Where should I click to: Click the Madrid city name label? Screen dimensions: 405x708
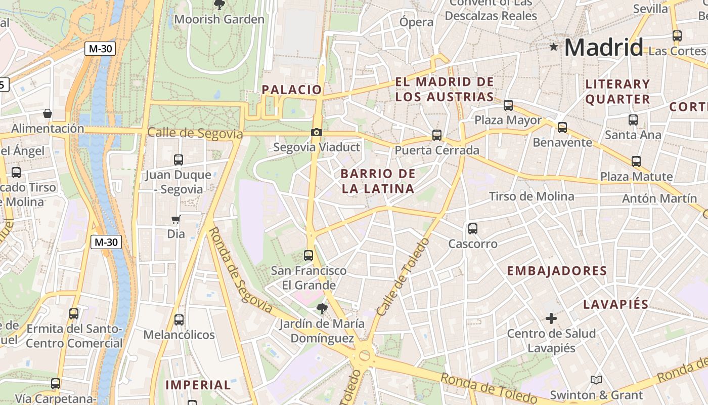pyautogui.click(x=603, y=48)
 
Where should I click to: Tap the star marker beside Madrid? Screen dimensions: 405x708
pyautogui.click(x=554, y=47)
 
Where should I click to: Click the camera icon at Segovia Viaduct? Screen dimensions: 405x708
pyautogui.click(x=317, y=133)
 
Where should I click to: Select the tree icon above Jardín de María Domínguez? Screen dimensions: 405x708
pyautogui.click(x=322, y=308)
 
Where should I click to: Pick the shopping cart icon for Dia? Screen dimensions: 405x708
pyautogui.click(x=175, y=220)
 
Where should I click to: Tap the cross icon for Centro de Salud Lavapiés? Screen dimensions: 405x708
pyautogui.click(x=551, y=318)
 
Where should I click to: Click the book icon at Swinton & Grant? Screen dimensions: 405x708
pyautogui.click(x=596, y=380)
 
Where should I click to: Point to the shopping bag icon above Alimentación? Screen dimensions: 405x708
pyautogui.click(x=48, y=113)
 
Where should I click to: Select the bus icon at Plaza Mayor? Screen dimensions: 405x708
pyautogui.click(x=508, y=105)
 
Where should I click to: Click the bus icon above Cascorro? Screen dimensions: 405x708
pyautogui.click(x=473, y=229)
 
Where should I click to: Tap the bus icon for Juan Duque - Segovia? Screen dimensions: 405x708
pyautogui.click(x=179, y=160)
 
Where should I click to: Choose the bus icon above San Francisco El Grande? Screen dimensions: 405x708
pyautogui.click(x=308, y=256)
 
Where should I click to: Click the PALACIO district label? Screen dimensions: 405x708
pyautogui.click(x=292, y=90)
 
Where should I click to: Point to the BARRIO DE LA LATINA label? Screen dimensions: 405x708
pyautogui.click(x=378, y=181)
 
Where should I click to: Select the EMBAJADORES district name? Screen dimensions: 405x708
pyautogui.click(x=557, y=271)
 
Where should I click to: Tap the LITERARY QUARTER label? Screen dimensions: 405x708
pyautogui.click(x=617, y=92)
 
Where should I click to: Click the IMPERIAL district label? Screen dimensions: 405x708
pyautogui.click(x=198, y=385)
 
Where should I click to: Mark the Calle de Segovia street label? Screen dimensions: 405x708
pyautogui.click(x=195, y=134)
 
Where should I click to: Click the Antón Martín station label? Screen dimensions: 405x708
pyautogui.click(x=659, y=198)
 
